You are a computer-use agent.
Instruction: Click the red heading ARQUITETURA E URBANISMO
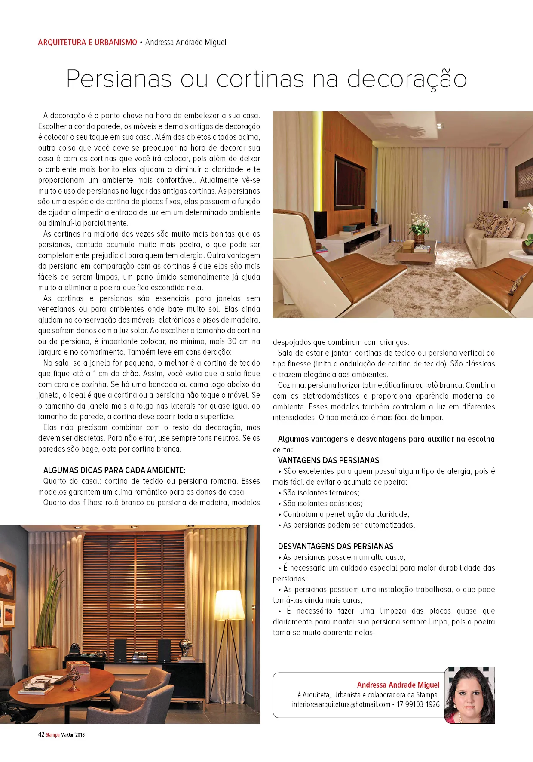pyautogui.click(x=87, y=42)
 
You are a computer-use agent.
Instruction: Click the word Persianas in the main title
pyautogui.click(x=119, y=79)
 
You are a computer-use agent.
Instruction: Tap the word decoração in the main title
pyautogui.click(x=407, y=79)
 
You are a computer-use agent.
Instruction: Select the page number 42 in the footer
pyautogui.click(x=41, y=734)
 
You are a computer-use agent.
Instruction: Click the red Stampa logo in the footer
pyautogui.click(x=52, y=734)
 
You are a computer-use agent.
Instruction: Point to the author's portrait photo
pyautogui.click(x=469, y=695)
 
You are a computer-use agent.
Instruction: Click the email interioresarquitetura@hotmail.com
pyautogui.click(x=341, y=704)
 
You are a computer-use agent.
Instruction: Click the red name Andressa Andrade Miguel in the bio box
pyautogui.click(x=398, y=685)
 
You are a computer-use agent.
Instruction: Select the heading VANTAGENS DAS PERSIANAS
pyautogui.click(x=329, y=460)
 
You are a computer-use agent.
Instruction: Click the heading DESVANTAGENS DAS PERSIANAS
pyautogui.click(x=336, y=546)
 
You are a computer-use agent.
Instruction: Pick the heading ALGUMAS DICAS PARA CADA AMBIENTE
pyautogui.click(x=114, y=470)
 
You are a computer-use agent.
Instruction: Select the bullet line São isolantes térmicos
pyautogui.click(x=321, y=492)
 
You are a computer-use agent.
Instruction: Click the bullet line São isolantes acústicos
pyautogui.click(x=322, y=503)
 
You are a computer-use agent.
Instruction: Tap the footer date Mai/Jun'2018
pyautogui.click(x=73, y=734)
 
